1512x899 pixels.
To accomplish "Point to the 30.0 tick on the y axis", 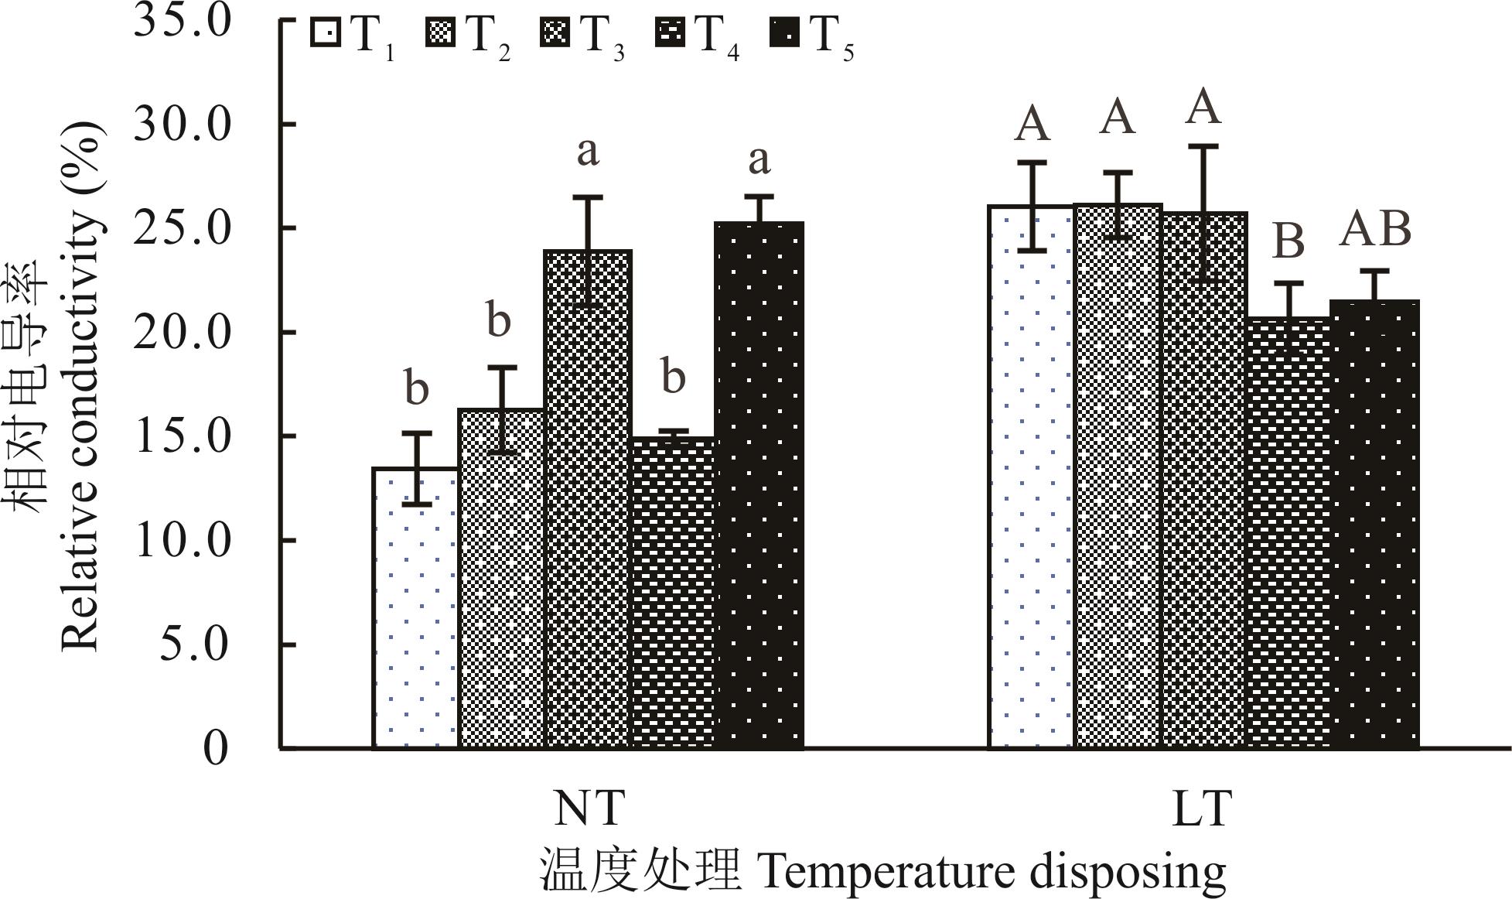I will tap(183, 125).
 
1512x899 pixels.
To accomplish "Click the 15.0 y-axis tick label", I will tap(183, 437).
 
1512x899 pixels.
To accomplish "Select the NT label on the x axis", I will tap(589, 808).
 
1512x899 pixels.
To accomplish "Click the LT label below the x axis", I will tap(1201, 808).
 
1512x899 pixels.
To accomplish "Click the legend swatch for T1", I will tap(326, 33).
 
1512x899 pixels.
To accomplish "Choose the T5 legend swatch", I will tap(785, 33).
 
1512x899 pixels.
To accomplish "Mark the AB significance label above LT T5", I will tap(1375, 230).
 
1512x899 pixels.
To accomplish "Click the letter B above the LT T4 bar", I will tap(1288, 241).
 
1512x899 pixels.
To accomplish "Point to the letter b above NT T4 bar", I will tap(674, 377).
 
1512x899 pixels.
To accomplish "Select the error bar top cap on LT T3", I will tap(1203, 145).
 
